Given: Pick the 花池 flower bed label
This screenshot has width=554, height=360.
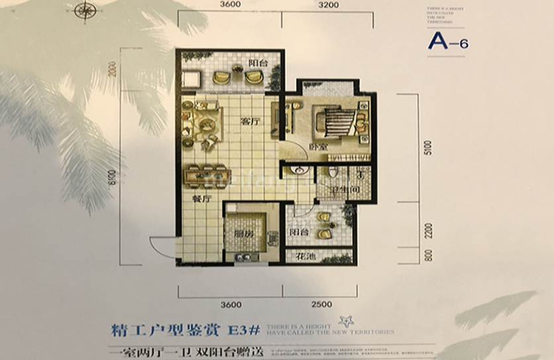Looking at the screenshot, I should pos(306,256).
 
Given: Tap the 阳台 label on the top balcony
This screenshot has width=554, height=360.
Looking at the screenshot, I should pos(257,63).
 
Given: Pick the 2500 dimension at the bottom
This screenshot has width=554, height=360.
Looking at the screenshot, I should pos(321,304).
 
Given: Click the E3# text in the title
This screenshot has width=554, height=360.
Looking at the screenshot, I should pos(243,329).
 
